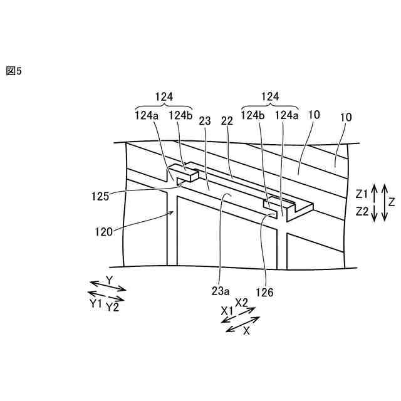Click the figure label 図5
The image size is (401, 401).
click(x=13, y=71)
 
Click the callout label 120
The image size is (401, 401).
click(x=105, y=231)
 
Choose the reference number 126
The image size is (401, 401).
click(x=266, y=291)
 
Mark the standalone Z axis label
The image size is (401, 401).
click(x=392, y=202)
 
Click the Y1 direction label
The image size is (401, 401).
click(x=96, y=303)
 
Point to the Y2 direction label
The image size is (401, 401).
click(x=113, y=308)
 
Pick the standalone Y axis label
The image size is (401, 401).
click(x=109, y=279)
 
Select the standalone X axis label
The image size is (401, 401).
click(x=246, y=331)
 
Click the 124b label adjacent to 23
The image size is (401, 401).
click(x=181, y=115)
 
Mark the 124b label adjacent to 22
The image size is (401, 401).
click(x=253, y=115)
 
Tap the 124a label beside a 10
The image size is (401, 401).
click(x=288, y=115)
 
